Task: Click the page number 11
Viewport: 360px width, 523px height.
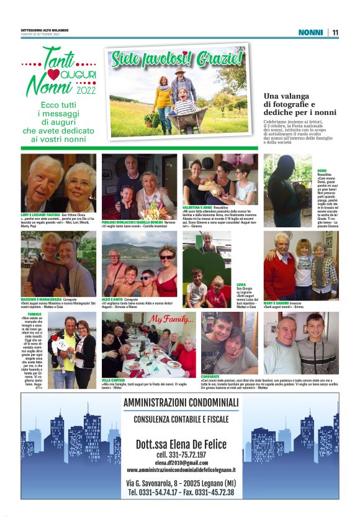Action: point(335,32)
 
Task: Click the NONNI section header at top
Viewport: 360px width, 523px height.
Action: point(310,32)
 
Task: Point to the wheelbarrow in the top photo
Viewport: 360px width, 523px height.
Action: point(186,118)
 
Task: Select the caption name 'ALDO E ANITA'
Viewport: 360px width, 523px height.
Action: point(112,299)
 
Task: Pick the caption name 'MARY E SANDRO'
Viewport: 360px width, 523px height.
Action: point(277,302)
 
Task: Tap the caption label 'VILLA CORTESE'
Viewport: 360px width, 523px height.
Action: point(113,380)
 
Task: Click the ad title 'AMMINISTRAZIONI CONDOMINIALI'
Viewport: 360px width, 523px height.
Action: point(180,404)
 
